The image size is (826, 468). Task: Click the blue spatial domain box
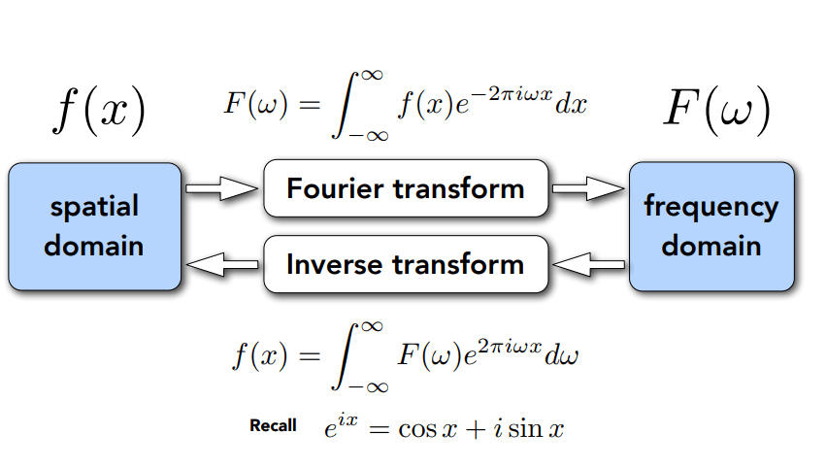[x=94, y=226]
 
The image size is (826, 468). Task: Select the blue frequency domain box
[x=711, y=226]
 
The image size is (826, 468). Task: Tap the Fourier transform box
[x=406, y=188]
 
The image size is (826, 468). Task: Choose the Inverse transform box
[x=406, y=264]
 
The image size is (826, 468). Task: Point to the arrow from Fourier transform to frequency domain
[x=588, y=188]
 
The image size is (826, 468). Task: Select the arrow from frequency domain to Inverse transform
[x=588, y=262]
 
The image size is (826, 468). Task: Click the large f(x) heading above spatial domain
[x=98, y=112]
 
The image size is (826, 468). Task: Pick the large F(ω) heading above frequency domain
[x=716, y=112]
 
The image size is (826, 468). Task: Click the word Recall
[x=273, y=425]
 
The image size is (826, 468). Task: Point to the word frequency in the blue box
[x=711, y=207]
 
